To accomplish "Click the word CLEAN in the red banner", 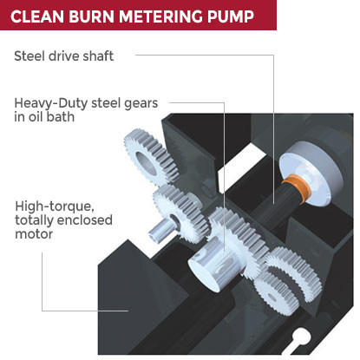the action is pos(36,16).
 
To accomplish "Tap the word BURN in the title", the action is pos(91,16).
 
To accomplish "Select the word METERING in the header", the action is pos(160,16).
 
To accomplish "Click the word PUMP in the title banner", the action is pos(231,16).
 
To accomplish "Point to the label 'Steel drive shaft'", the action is pos(64,56).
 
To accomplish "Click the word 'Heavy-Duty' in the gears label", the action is pos(51,103).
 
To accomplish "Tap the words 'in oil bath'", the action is pos(44,117).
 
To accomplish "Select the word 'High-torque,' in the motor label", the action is pos(55,207).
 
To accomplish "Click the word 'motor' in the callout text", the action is pos(34,234).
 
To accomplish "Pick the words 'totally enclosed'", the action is pos(63,220).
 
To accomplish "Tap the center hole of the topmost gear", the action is pos(146,163).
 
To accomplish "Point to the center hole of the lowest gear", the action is pos(272,297).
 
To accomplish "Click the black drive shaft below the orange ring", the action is pos(271,208).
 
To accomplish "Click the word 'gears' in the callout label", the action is pos(141,104).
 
